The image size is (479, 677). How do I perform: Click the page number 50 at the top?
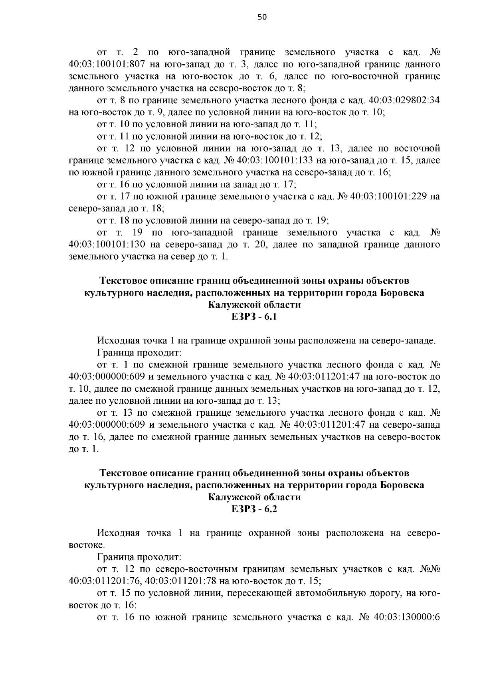262,17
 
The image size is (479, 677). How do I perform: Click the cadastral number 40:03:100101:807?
106,64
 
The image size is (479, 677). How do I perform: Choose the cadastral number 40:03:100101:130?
106,244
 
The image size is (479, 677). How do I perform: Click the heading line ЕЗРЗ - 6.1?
254,317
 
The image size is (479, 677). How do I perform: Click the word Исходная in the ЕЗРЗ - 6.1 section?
118,341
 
